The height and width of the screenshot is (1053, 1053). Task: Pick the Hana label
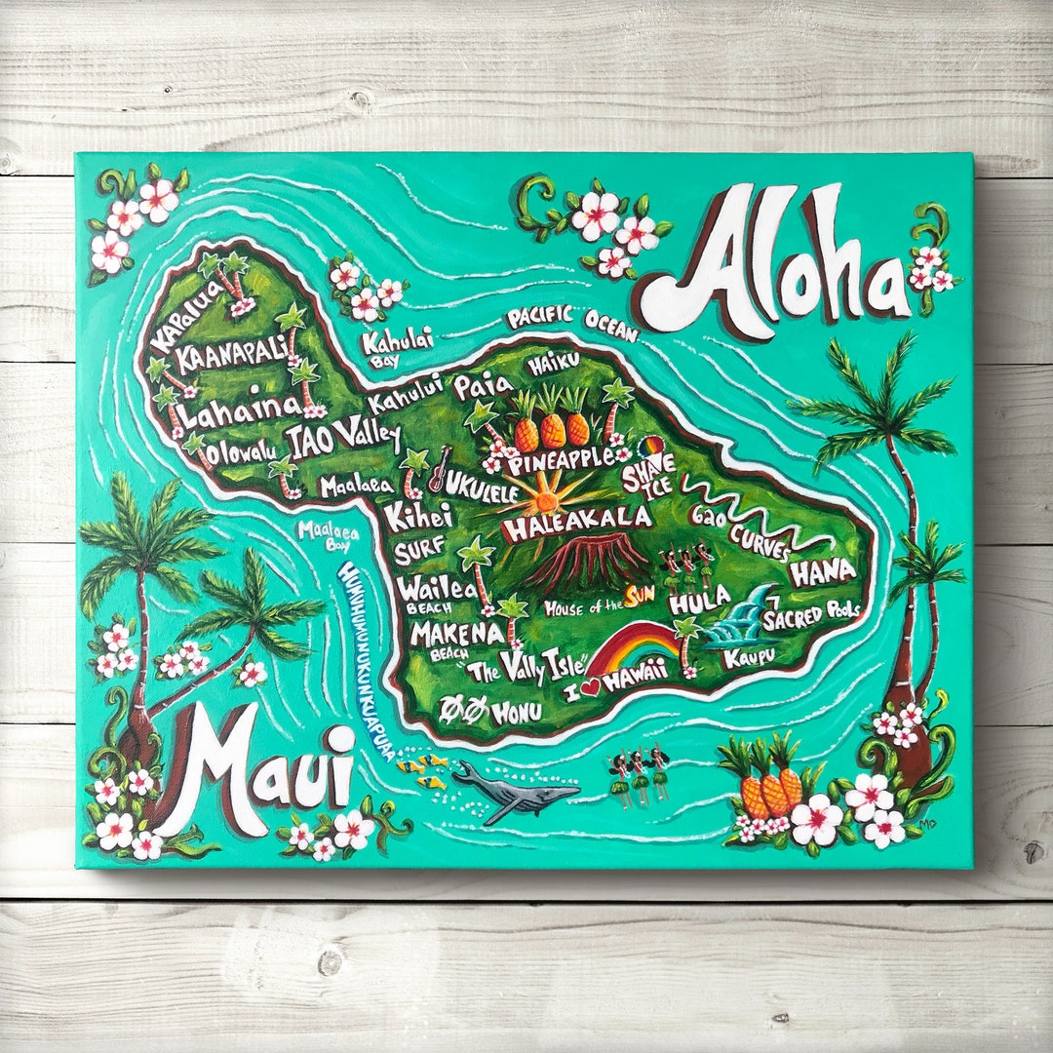click(x=823, y=572)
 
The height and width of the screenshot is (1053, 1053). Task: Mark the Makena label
click(x=456, y=634)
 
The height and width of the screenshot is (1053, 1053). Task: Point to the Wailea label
click(x=436, y=588)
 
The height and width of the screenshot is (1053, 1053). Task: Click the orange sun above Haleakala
click(x=544, y=502)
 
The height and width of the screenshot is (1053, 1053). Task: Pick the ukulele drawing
click(x=439, y=469)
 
